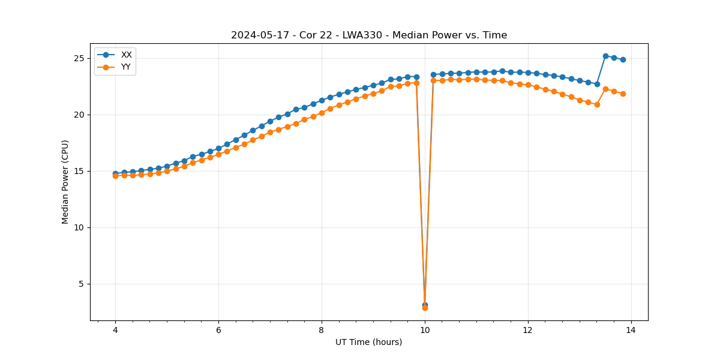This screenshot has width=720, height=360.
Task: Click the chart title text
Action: pyautogui.click(x=369, y=35)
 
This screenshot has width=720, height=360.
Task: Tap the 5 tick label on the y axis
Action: pyautogui.click(x=82, y=284)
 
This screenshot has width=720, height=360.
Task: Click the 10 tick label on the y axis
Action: pyautogui.click(x=79, y=227)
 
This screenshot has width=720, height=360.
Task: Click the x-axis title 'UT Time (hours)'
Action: pyautogui.click(x=369, y=342)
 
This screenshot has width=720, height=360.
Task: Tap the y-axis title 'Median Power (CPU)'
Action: pyautogui.click(x=65, y=182)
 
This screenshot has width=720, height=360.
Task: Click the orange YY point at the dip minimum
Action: pyautogui.click(x=425, y=307)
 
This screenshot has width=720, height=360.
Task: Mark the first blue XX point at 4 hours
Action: pyautogui.click(x=115, y=174)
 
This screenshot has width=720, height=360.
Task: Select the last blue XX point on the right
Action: pyautogui.click(x=623, y=59)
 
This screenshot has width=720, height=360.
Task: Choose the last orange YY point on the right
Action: pyautogui.click(x=623, y=94)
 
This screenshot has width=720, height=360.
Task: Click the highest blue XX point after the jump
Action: pyautogui.click(x=605, y=56)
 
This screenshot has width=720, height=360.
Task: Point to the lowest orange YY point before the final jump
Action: pyautogui.click(x=597, y=104)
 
